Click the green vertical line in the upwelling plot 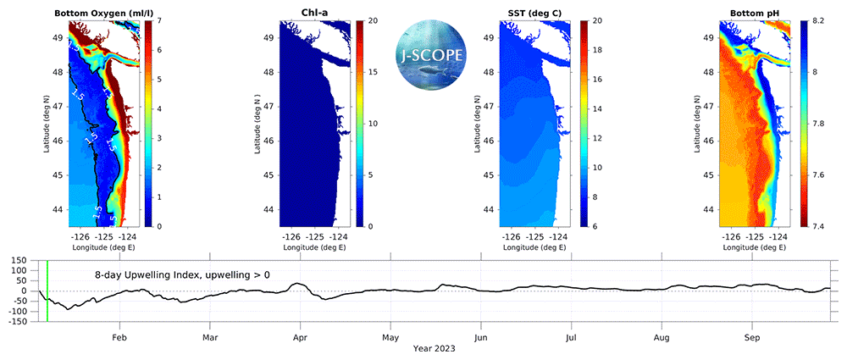(47, 291)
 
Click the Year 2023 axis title (436, 348)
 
